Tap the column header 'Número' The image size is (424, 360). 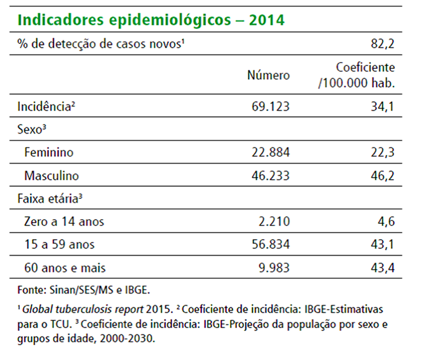268,75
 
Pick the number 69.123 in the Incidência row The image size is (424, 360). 268,106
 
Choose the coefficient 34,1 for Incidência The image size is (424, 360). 382,106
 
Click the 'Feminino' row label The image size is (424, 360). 49,152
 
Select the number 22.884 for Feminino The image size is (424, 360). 268,152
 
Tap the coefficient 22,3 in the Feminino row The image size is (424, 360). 382,152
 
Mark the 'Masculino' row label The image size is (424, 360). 52,176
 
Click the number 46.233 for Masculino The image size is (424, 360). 268,176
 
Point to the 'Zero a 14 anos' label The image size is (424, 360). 64,222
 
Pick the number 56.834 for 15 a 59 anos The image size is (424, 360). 268,245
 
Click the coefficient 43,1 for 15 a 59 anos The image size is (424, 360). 382,245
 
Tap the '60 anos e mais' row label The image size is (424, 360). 65,268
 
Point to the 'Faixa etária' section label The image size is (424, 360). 50,199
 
